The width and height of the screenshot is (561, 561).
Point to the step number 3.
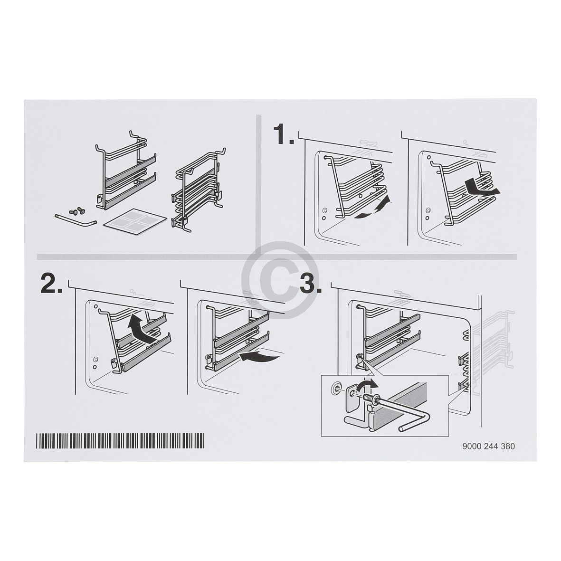click(x=311, y=285)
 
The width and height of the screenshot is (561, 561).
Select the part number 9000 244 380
click(x=488, y=446)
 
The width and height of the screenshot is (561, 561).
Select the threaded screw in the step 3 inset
click(x=368, y=397)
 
